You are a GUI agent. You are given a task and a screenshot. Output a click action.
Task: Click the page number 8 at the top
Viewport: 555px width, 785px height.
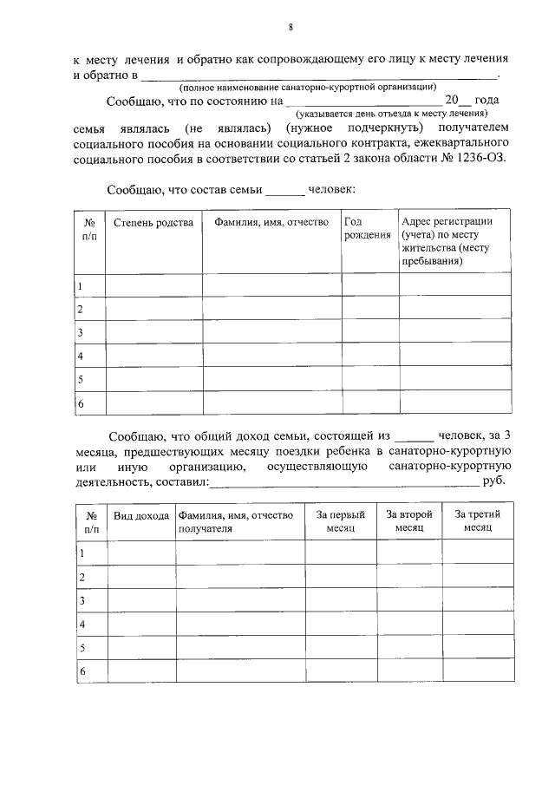(x=291, y=27)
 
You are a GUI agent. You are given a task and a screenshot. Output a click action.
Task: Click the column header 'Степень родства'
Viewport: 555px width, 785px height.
(x=153, y=223)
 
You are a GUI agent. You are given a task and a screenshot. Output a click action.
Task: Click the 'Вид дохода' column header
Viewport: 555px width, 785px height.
(x=141, y=515)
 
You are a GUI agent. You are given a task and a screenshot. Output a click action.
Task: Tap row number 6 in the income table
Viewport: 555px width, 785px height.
(x=82, y=671)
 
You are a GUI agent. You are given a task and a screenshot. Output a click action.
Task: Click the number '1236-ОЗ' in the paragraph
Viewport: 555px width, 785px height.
(x=472, y=159)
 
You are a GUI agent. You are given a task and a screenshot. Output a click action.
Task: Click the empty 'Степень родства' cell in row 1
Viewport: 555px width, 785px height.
(x=153, y=285)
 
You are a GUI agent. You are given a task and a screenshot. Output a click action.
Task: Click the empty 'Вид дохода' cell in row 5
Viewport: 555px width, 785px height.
(x=141, y=648)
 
